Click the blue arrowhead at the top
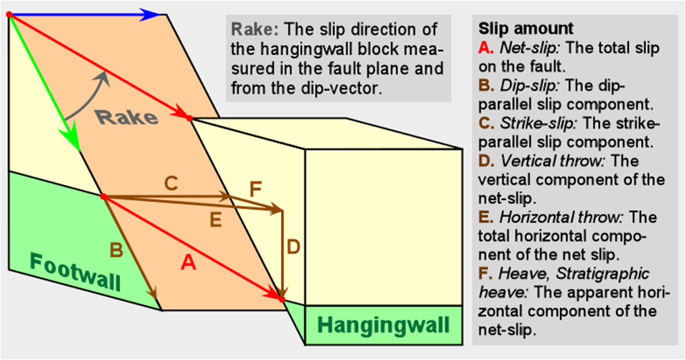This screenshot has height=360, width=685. (153, 14)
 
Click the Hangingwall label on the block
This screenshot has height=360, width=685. (383, 326)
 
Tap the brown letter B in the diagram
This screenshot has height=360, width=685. (116, 251)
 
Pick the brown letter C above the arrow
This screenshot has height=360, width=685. (171, 182)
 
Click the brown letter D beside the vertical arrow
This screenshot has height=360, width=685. (293, 248)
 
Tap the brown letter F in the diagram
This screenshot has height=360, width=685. (255, 188)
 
